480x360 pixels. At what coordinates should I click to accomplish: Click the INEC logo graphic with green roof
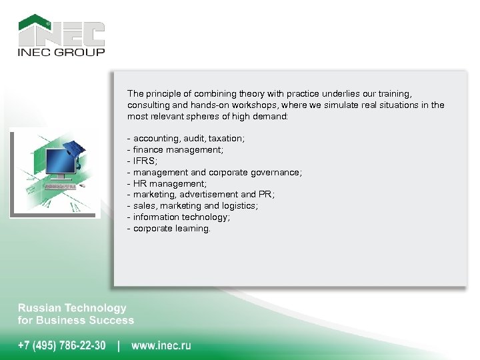coord(61,30)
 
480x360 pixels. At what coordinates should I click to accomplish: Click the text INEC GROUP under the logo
coord(61,52)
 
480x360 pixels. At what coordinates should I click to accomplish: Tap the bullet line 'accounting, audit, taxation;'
coord(186,139)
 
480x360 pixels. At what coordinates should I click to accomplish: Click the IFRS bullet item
coord(143,161)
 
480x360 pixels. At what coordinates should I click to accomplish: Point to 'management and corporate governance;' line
coord(214,173)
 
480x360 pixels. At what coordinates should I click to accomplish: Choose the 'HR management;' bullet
coord(167,183)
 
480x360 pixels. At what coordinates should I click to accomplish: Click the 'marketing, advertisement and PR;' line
coord(201,195)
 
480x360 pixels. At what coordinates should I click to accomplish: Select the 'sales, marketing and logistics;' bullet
coord(193,206)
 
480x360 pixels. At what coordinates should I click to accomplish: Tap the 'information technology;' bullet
coord(179,217)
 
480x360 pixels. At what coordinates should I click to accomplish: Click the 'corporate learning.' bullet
coord(169,229)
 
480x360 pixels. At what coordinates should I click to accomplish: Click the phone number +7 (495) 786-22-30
coord(61,345)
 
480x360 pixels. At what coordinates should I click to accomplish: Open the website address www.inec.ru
coord(161,345)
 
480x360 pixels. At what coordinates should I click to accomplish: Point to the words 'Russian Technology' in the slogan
coord(72,308)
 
